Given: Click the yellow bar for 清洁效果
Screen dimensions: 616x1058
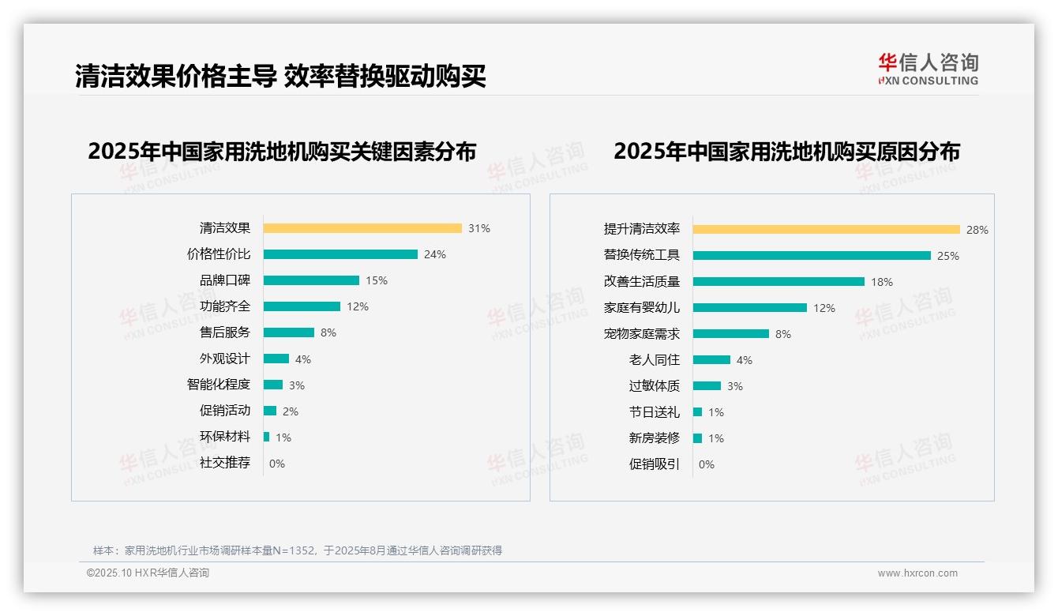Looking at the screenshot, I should point(362,228).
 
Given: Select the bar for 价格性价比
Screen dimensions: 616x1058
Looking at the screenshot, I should point(340,254).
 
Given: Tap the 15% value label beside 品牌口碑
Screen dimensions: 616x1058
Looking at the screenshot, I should point(377,280).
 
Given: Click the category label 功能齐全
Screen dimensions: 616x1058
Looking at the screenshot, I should point(224,306).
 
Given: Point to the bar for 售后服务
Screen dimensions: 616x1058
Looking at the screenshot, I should point(288,332).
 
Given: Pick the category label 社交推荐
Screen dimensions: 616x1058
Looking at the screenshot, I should point(224,463).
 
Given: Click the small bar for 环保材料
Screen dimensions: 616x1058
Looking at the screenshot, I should point(266,437).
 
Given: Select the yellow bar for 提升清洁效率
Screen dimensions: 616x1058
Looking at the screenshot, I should point(826,229).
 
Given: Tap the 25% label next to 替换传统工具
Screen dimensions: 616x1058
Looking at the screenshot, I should point(947,256).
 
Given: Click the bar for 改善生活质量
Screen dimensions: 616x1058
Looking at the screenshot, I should point(778,281).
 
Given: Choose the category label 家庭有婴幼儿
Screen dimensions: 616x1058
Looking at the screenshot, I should point(641,307).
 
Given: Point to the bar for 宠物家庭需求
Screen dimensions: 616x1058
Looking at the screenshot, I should point(730,333).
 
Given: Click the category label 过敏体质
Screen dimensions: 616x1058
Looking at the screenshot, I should point(654,386).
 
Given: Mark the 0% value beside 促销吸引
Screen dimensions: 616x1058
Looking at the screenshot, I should point(706,464).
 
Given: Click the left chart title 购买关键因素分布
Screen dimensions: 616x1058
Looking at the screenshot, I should point(282,151).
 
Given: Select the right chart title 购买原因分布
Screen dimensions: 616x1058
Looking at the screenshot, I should point(786,151).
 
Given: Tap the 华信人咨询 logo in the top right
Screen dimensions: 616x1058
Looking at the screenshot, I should point(928,69).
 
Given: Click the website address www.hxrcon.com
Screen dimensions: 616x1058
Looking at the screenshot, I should point(917,573).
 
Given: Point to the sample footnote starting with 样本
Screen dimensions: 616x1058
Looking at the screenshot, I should point(298,550).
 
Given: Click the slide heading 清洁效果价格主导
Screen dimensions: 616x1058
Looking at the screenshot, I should point(280,76).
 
